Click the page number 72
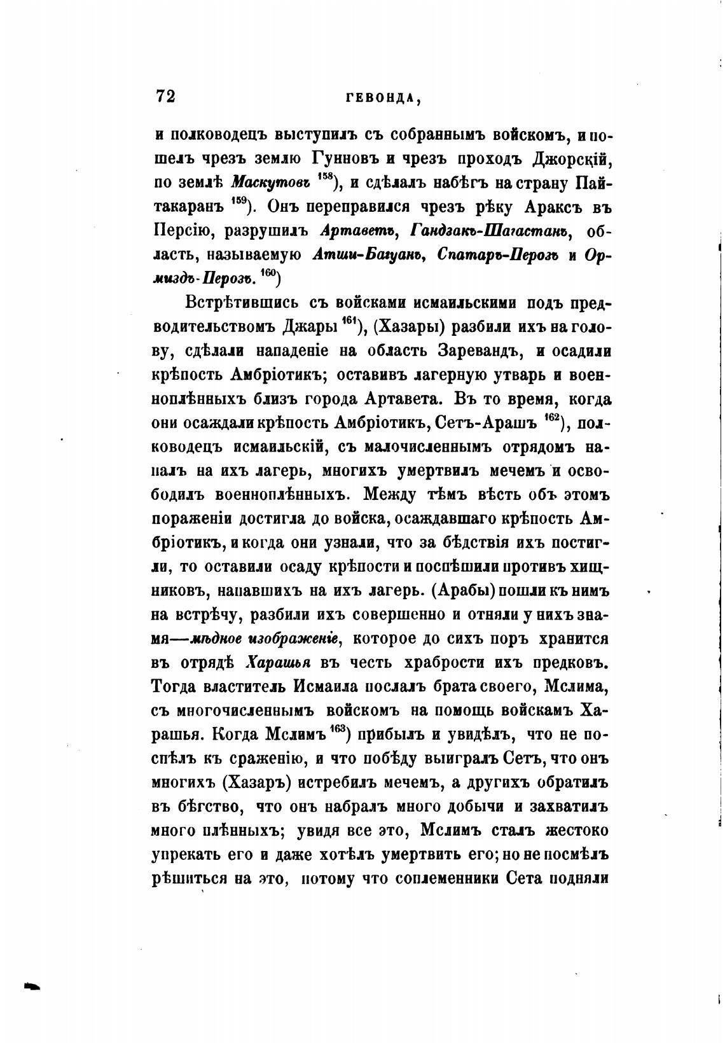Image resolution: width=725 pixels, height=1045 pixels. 165,96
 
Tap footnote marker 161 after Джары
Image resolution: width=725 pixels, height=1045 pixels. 349,321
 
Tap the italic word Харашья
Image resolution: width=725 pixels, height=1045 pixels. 278,663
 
